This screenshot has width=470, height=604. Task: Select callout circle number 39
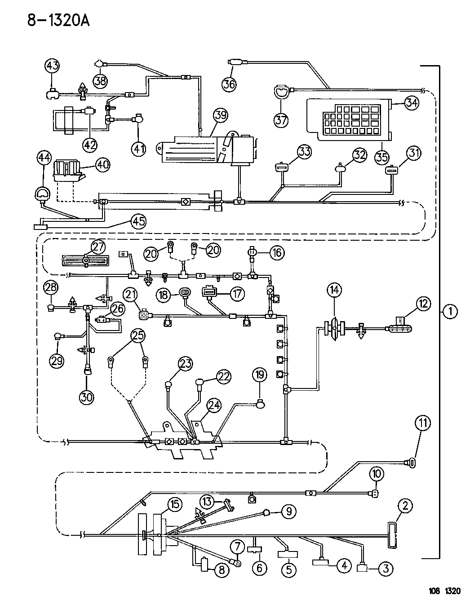(x=220, y=115)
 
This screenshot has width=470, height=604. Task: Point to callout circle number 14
(x=334, y=290)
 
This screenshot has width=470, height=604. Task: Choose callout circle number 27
(x=98, y=246)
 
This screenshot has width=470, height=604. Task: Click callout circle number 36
(x=230, y=84)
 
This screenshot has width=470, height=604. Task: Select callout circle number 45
(x=138, y=220)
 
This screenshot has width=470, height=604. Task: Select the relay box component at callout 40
(x=67, y=171)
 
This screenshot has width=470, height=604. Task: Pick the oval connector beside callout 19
(x=260, y=405)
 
